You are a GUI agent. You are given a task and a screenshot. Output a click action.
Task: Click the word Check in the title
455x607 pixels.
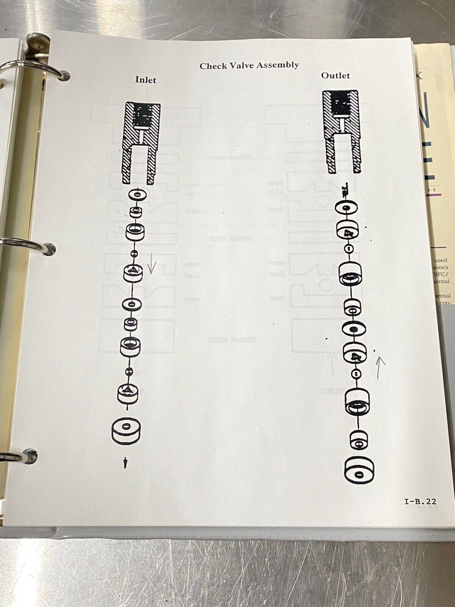coord(213,66)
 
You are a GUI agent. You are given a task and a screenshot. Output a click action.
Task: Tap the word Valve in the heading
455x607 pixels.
coord(242,66)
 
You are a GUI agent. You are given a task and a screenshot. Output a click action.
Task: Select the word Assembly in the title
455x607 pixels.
coord(278,65)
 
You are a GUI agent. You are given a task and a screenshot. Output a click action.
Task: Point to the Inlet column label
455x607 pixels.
coord(146,80)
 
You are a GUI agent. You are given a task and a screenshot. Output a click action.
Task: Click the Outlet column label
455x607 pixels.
coord(335,76)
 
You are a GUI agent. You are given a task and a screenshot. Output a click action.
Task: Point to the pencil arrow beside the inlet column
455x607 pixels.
coord(152,265)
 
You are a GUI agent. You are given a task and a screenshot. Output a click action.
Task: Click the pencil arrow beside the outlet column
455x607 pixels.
coord(380,367)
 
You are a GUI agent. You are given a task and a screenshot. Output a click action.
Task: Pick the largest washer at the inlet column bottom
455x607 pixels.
coord(126,430)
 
